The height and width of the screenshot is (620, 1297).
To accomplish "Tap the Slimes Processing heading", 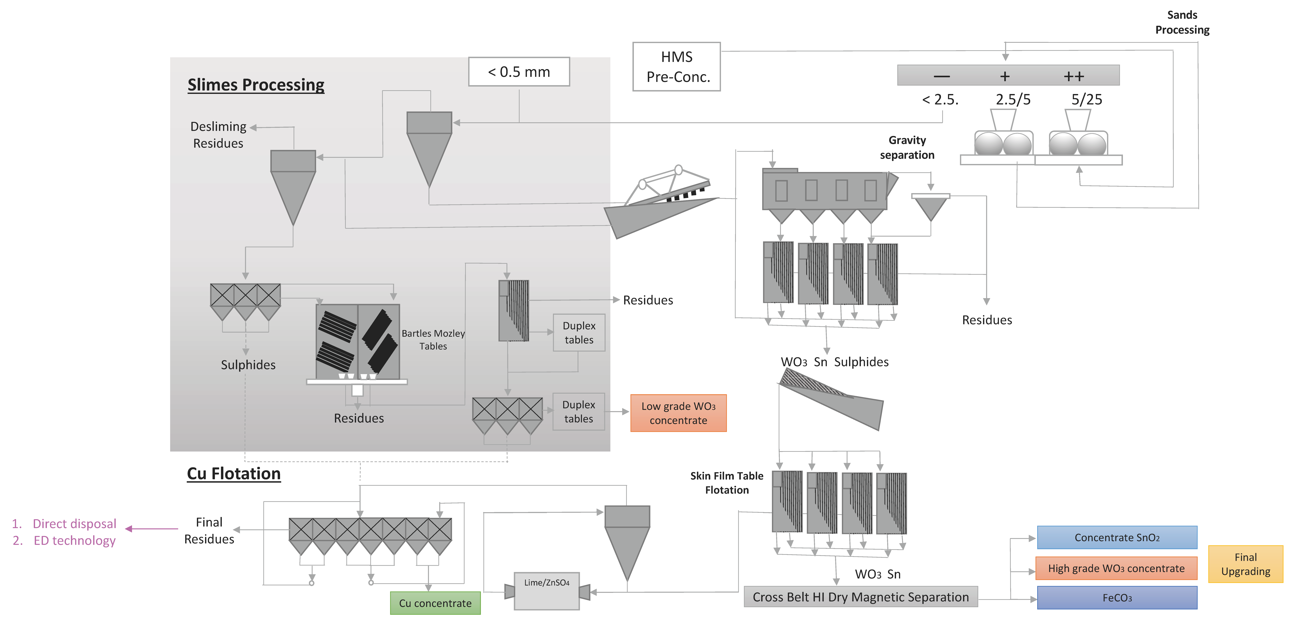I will [256, 85].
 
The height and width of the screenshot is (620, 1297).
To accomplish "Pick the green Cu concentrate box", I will [435, 603].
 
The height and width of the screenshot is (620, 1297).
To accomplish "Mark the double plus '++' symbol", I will [1074, 77].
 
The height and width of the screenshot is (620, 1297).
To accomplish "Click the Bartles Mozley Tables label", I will [433, 339].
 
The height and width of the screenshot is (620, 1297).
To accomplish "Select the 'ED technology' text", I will [74, 540].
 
